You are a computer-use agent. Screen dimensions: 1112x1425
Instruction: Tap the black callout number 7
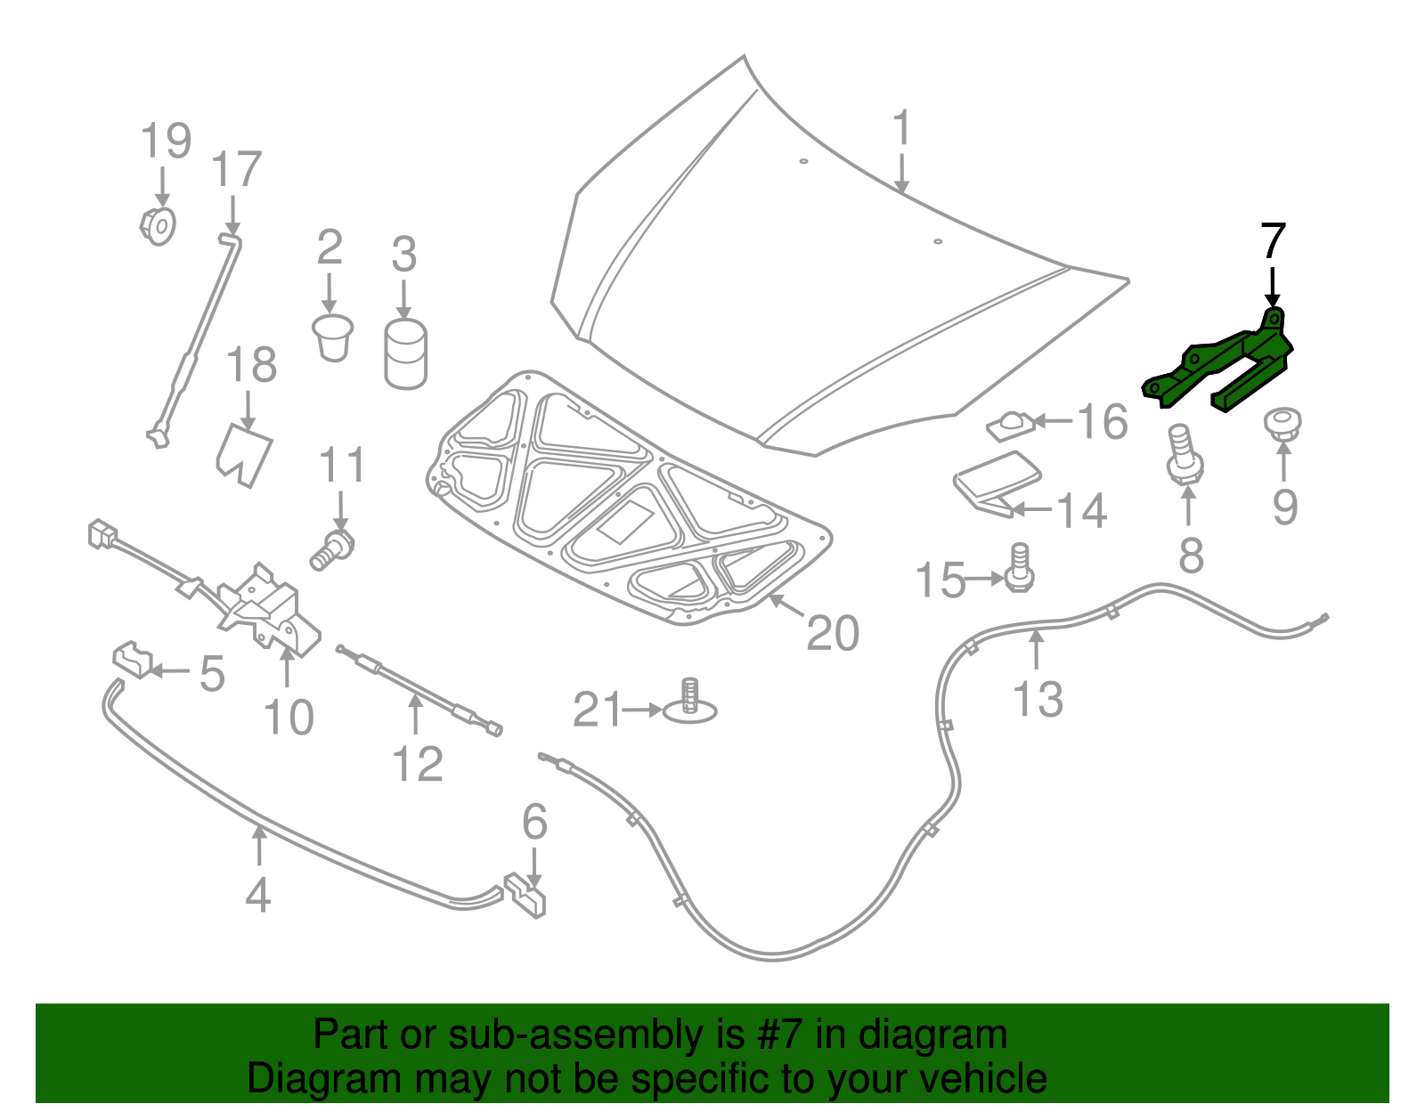1273,241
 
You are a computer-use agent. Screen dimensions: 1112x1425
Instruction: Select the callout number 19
166,142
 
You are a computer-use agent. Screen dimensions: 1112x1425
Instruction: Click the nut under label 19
159,225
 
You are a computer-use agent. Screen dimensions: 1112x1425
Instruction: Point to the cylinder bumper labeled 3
405,354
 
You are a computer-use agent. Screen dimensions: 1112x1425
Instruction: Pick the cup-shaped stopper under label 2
332,337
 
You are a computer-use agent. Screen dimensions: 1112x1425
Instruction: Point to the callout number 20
833,633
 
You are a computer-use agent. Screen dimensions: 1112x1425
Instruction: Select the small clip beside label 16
1009,425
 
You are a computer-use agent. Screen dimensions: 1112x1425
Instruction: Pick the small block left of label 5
132,658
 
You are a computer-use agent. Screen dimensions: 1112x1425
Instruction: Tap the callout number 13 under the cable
1038,699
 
